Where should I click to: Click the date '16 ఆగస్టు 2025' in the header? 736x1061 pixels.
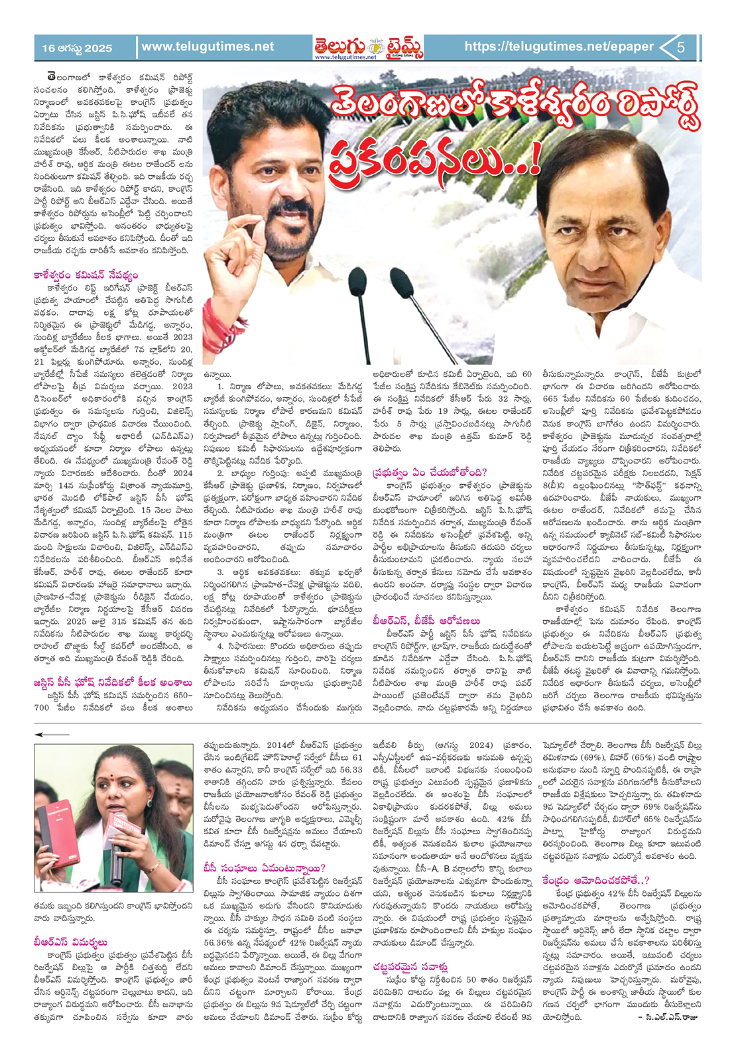77,48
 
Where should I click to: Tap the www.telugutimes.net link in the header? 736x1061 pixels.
208,47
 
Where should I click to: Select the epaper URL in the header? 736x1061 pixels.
558,47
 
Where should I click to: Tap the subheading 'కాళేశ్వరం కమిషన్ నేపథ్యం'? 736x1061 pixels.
86,275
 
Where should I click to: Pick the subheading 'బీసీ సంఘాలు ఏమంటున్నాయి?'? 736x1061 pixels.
265,868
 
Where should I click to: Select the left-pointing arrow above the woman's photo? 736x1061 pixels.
52,735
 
